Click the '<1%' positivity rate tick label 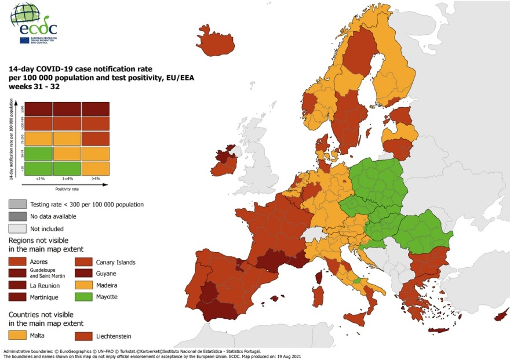point(37,179)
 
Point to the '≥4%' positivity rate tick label point(95,179)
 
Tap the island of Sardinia point(318,293)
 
